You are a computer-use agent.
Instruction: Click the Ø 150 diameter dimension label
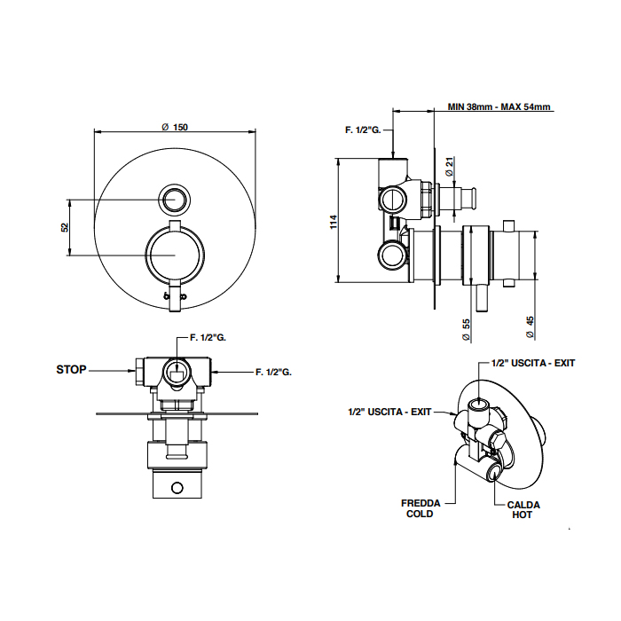tap(175, 127)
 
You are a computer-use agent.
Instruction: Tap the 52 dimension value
tap(65, 227)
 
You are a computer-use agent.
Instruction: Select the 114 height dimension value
tap(334, 221)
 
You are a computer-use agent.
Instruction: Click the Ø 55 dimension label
tap(467, 329)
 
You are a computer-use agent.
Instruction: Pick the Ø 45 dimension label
tap(530, 329)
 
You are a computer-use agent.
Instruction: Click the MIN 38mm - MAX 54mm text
tap(499, 107)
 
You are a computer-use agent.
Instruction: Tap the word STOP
tap(71, 369)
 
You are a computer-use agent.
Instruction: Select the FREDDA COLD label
tap(421, 508)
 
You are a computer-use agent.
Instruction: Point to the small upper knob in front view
tap(175, 199)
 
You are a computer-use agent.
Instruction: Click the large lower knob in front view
tap(175, 255)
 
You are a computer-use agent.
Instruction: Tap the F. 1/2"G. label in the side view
tap(363, 130)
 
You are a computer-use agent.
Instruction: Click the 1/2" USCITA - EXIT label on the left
tap(389, 412)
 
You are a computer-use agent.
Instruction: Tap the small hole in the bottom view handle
tap(177, 487)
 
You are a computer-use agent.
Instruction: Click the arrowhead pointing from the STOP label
tap(131, 370)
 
